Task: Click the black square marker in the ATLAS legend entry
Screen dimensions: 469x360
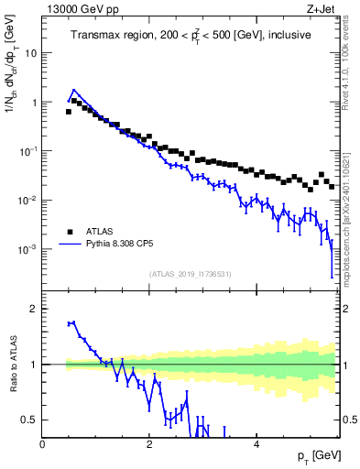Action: coord(70,232)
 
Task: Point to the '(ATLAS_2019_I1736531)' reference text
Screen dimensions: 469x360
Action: coord(190,274)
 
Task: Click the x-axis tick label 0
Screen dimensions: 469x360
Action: coord(43,443)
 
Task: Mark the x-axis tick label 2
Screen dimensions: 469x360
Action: coord(149,443)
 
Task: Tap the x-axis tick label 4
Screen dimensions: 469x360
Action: coord(256,443)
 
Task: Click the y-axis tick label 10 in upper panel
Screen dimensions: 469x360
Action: coord(29,53)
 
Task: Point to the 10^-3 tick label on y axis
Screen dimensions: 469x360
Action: coord(27,249)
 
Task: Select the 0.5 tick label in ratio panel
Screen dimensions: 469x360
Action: coord(29,420)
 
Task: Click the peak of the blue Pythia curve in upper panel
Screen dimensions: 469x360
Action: coord(74,91)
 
